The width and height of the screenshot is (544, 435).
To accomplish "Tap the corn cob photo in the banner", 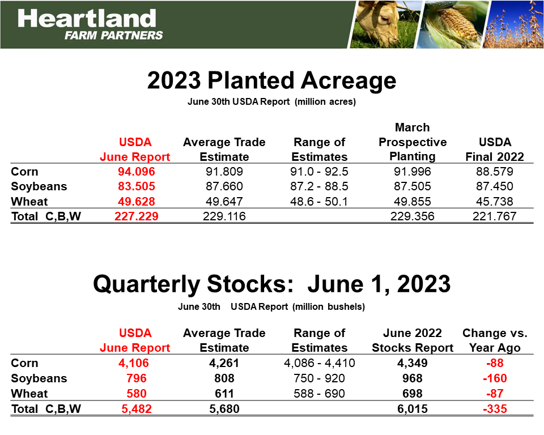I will coord(448,24).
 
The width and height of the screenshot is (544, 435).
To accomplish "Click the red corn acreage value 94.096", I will coord(135,172).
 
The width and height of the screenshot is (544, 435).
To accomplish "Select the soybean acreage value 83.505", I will coord(135,186).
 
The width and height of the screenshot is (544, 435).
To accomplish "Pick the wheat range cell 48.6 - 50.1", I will coord(321,202).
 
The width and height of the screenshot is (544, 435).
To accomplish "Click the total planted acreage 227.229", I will coord(135,216).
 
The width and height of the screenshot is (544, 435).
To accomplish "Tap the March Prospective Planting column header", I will coord(413,142).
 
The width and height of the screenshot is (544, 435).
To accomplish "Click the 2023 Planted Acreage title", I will coord(271,81).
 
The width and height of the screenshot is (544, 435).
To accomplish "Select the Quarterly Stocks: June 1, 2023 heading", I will coord(271,283).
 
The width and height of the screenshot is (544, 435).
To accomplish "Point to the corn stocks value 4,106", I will coord(135,363).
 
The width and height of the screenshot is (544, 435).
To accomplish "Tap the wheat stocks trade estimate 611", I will coord(224,394).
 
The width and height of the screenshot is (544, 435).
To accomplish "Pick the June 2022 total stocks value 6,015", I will coord(413,409).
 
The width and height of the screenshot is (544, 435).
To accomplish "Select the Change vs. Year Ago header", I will coord(495,340).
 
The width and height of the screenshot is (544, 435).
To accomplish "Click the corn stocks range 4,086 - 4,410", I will coord(321,363).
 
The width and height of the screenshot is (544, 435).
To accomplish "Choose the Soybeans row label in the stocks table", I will coord(39,378).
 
